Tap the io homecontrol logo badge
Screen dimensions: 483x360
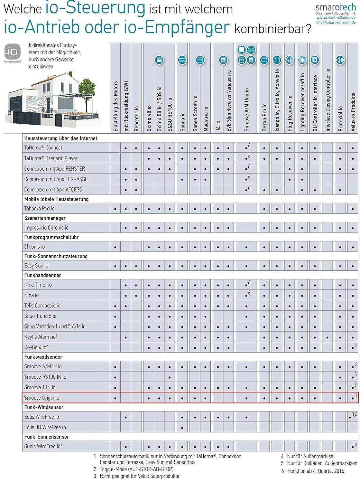pyautogui.click(x=13, y=53)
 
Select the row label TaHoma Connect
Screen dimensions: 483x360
pyautogui.click(x=43, y=148)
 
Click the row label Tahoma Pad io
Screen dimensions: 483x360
pyautogui.click(x=39, y=209)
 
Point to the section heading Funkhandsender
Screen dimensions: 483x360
pyautogui.click(x=42, y=275)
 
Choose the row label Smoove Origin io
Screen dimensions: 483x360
pyautogui.click(x=42, y=398)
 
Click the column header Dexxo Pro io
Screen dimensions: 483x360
pyautogui.click(x=264, y=117)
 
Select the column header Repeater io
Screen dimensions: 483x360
pyautogui.click(x=136, y=119)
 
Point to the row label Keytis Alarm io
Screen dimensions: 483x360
pyautogui.click(x=41, y=337)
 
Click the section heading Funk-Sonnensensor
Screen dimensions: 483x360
pyautogui.click(x=46, y=437)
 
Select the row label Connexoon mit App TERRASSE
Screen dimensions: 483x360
pyautogui.click(x=56, y=179)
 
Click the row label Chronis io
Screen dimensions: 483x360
pyautogui.click(x=34, y=247)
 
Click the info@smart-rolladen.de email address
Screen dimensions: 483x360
pyautogui.click(x=336, y=23)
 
